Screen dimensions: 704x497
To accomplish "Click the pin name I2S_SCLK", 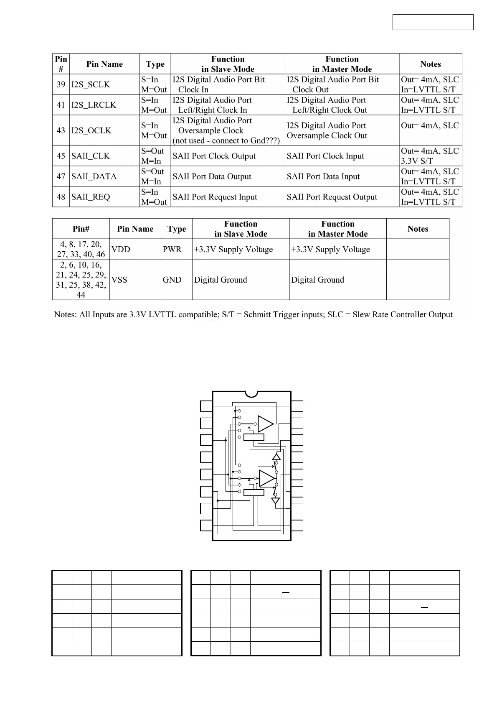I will [91, 84].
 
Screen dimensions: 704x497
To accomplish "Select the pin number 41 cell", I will [61, 105].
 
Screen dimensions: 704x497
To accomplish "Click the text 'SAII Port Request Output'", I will [332, 197].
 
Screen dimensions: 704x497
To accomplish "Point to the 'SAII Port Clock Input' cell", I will [325, 156].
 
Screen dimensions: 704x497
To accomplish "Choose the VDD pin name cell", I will [121, 249].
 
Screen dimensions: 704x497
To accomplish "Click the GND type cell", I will [172, 280].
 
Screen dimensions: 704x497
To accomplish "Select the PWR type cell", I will [172, 249].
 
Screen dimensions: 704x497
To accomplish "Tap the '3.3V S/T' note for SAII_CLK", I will [417, 161].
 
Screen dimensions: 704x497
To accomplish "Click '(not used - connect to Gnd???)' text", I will [226, 140].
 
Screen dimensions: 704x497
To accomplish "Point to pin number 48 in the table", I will [61, 197].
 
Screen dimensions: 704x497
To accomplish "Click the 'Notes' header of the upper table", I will [430, 64].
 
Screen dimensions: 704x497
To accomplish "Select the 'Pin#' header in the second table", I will [81, 229].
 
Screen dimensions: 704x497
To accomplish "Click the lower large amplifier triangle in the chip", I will [266, 478].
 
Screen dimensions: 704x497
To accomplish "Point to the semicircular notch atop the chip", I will [251, 394].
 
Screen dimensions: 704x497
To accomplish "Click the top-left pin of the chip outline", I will [206, 406].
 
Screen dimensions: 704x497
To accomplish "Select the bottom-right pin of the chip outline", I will [297, 525].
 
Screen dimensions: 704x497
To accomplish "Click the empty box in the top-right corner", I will [433, 22].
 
